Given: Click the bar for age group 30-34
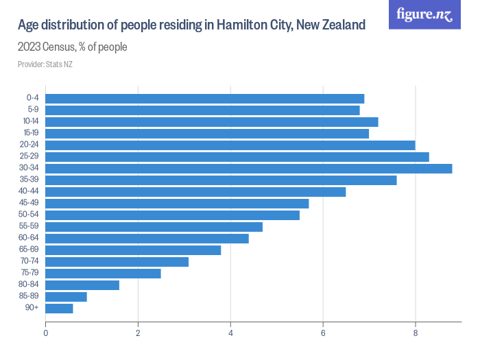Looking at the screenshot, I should coord(248,168).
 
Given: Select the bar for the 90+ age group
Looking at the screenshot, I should coord(59,308).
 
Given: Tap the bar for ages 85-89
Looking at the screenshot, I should coord(66,296).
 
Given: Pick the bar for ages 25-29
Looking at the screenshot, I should coord(237,156).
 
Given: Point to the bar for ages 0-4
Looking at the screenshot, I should coord(204,98).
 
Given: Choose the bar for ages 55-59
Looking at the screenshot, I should coord(154,226).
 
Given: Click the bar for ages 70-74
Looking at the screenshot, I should coord(117,261).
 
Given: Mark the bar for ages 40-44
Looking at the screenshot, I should coord(195,191).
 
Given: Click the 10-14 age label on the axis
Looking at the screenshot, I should coord(30,121).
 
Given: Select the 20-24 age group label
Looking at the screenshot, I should coord(30,145).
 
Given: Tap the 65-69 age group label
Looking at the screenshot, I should coord(30,250).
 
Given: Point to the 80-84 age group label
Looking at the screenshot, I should coord(30,285).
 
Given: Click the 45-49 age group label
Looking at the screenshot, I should coord(30,203).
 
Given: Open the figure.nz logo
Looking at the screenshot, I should coord(424,14).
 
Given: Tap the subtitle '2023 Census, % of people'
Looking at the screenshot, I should coord(72,47).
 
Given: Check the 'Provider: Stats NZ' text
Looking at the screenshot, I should coord(45,64).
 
